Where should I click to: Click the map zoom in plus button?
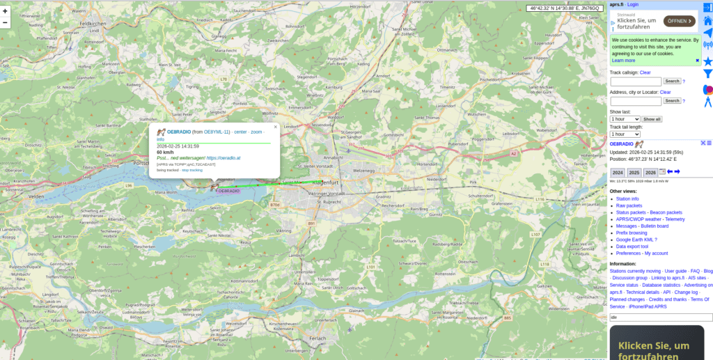6,11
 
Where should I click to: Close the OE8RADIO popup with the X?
275,127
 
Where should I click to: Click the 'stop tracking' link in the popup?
192,170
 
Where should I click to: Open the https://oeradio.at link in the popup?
223,158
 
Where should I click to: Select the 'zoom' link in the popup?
256,132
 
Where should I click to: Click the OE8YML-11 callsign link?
217,132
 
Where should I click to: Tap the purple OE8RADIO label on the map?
228,190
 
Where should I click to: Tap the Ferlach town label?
318,338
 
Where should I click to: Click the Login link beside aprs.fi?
632,4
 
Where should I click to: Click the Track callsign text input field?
635,81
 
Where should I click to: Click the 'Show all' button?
652,119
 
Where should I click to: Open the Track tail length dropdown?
625,134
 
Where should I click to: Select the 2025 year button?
634,172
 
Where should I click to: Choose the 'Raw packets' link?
629,205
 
